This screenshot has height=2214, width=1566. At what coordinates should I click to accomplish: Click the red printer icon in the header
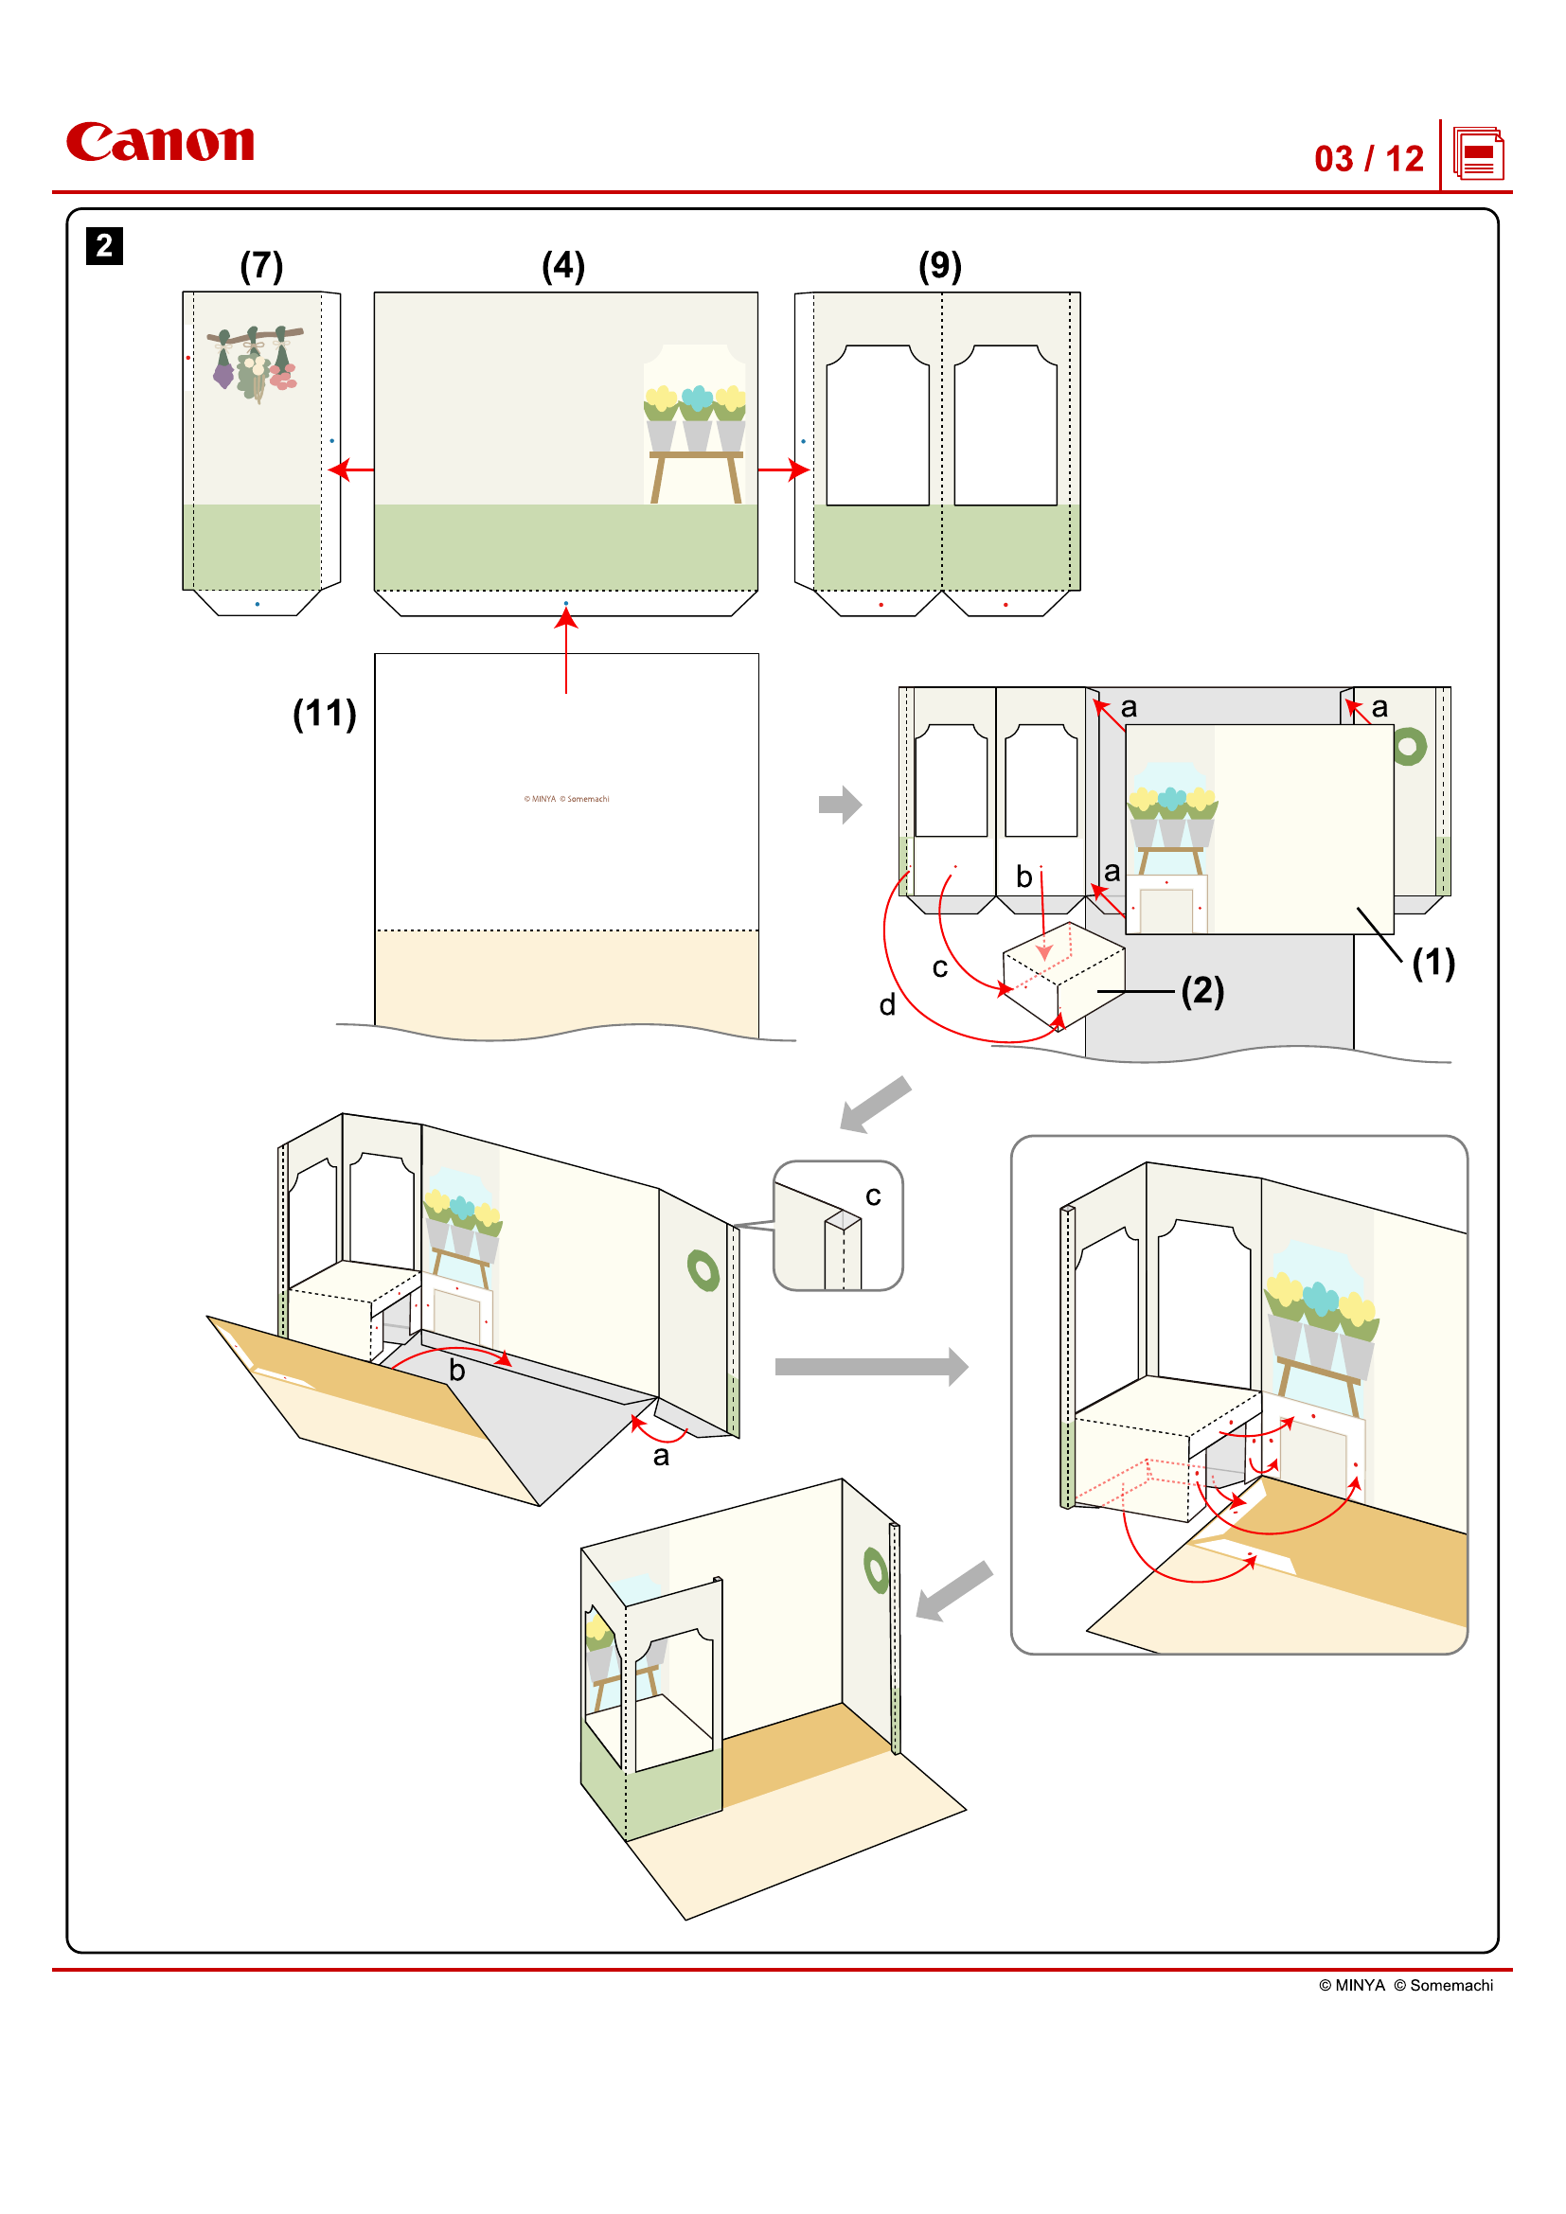point(1477,154)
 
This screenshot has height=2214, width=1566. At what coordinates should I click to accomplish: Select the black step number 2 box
point(104,246)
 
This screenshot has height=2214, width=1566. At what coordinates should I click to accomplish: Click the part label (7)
point(261,266)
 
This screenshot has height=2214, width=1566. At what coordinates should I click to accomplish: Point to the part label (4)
point(563,266)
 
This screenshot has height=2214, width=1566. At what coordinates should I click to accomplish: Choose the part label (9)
point(939,266)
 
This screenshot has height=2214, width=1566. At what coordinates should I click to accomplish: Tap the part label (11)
point(324,714)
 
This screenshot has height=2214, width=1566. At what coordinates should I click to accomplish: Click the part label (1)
point(1433,963)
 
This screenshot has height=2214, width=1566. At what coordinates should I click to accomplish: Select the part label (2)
point(1202,990)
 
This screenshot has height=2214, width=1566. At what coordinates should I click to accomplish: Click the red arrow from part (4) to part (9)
point(783,470)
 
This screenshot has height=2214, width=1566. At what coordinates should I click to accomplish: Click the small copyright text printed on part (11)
point(566,800)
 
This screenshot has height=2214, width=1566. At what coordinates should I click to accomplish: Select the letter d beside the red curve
point(887,1006)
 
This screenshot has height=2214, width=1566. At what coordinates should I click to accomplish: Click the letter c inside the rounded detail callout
point(873,1196)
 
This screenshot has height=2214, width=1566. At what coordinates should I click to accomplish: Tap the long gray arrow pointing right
point(870,1367)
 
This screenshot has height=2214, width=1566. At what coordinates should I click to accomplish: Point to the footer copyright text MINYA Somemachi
point(1405,1986)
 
